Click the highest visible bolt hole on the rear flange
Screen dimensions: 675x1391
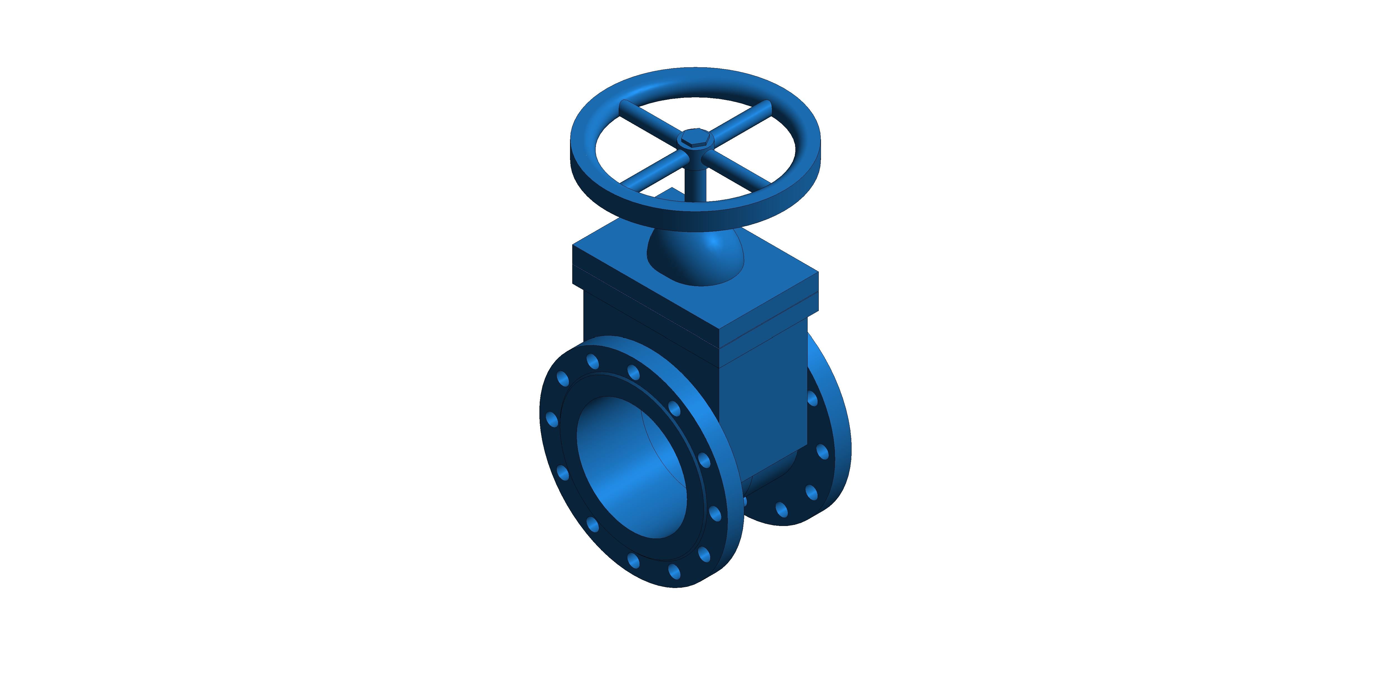tap(812, 398)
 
